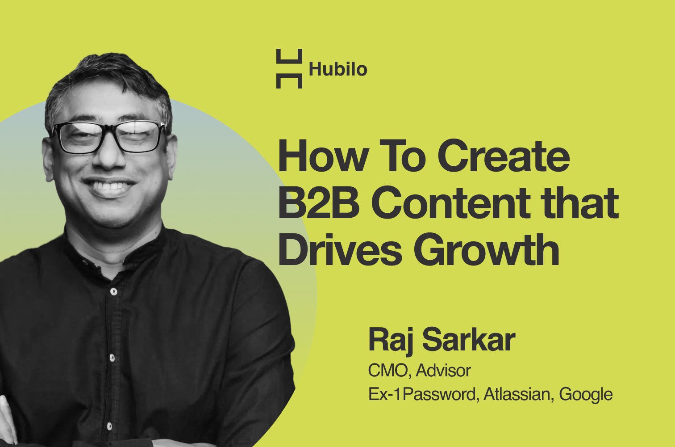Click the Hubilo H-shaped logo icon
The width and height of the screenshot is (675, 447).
point(289,68)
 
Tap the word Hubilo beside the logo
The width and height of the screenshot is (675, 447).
point(338,69)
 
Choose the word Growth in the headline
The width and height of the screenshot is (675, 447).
point(487,250)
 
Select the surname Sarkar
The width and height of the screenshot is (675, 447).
point(469,340)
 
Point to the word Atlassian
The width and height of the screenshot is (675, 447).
point(518,394)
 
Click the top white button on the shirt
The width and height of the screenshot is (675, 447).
point(113,292)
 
